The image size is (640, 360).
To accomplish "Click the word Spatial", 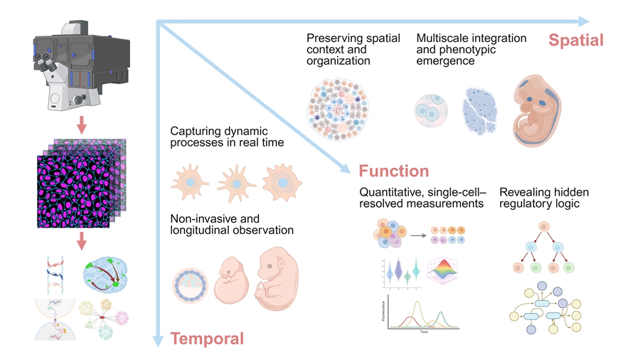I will (575, 40).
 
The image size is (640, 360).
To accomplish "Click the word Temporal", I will (207, 339).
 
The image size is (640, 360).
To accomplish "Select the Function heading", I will (393, 171).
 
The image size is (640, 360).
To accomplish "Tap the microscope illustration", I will (80, 64).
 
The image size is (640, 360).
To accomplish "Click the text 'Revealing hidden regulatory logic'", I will (544, 198).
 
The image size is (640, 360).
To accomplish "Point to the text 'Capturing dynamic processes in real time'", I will (227, 137).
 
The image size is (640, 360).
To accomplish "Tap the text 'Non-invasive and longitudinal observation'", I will (231, 224).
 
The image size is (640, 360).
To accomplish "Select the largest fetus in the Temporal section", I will (274, 279).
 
